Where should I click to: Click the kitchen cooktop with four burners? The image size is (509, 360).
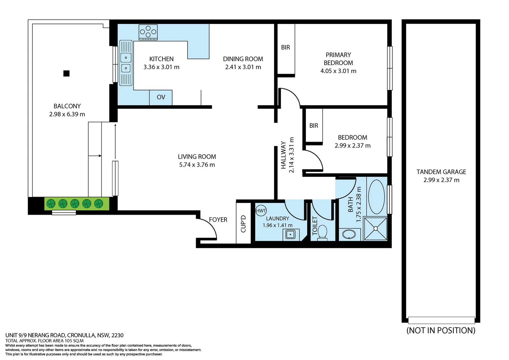point(148,32)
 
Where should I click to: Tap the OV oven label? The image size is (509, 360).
point(161,97)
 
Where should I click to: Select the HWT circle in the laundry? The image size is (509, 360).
point(261,211)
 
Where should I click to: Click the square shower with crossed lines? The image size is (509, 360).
point(376,228)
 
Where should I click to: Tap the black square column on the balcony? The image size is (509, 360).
point(66,73)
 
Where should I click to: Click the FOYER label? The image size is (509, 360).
point(218,220)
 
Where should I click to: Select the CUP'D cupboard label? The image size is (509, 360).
point(243,224)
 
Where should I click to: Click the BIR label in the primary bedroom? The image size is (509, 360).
point(285,47)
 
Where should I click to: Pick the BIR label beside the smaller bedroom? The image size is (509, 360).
point(313,126)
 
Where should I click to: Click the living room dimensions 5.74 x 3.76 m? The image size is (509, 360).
point(197,165)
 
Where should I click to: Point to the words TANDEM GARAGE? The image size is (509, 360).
point(441,172)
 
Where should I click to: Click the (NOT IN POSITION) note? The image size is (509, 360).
point(441,330)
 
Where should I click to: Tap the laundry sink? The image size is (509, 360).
point(290,234)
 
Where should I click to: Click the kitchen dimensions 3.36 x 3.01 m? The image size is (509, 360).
point(161,67)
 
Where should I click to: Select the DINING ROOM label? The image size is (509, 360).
point(243,59)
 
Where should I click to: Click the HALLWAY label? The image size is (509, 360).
point(283,155)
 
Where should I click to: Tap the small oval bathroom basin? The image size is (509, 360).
point(349,234)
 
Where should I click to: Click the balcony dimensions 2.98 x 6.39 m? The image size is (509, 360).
point(67,114)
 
